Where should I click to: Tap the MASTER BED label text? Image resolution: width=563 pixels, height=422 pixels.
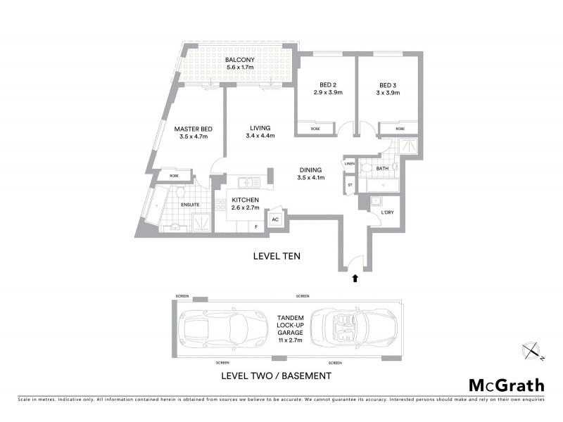[194, 129]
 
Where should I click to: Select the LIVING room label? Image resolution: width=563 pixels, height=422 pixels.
[260, 128]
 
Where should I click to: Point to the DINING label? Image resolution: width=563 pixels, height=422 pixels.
[310, 170]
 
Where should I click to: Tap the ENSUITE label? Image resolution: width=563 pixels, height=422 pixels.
[190, 205]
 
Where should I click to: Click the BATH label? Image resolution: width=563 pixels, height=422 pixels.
[382, 169]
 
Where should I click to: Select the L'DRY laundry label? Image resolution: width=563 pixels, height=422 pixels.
[386, 212]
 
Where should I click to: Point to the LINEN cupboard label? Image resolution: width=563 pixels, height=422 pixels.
[350, 165]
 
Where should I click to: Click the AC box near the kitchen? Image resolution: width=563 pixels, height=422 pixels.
[276, 219]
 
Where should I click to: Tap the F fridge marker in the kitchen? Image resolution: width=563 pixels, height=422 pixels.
[256, 226]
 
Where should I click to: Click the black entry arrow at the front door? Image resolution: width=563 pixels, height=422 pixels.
[355, 279]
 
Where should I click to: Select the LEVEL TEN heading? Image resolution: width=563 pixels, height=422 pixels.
[277, 257]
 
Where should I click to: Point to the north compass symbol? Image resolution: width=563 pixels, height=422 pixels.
[531, 350]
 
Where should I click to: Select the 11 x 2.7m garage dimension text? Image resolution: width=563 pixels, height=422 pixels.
[291, 340]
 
